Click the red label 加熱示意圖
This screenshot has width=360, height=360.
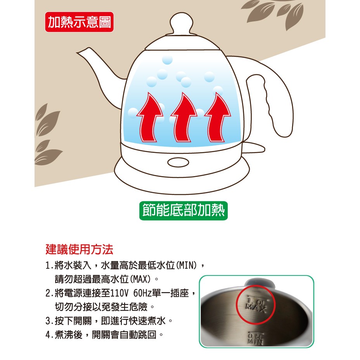(79, 22)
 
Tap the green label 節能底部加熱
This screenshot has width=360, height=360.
(183, 211)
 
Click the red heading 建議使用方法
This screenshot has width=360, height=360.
(80, 249)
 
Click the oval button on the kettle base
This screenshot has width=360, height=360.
(178, 162)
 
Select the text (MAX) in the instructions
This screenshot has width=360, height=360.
(140, 279)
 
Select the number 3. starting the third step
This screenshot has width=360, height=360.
(49, 321)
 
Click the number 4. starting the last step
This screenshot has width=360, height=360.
(49, 335)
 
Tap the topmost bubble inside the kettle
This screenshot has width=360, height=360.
(167, 60)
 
